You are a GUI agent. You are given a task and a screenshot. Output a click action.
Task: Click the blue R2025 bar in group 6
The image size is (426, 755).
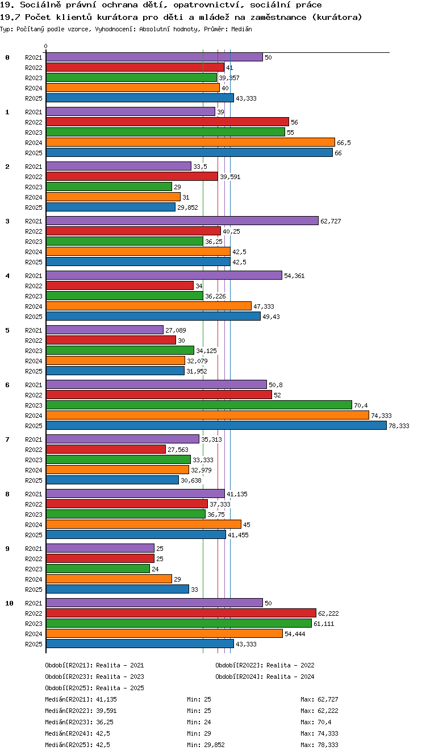[x=216, y=425]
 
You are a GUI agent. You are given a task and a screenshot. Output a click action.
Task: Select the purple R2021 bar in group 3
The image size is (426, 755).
[x=182, y=221]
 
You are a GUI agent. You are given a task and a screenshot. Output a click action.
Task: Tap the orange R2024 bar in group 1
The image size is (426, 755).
[x=191, y=142]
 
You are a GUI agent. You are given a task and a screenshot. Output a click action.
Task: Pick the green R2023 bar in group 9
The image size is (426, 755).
[x=98, y=569]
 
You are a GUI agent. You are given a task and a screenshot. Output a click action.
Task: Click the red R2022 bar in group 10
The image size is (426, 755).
[x=181, y=613]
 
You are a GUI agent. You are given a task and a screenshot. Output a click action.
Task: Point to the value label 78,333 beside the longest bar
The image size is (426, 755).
[x=399, y=426]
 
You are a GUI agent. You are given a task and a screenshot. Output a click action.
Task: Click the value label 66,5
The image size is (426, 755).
[x=344, y=143]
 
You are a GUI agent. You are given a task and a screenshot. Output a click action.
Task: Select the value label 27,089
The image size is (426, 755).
[x=176, y=330]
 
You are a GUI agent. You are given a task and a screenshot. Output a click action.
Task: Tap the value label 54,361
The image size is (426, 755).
[x=294, y=276]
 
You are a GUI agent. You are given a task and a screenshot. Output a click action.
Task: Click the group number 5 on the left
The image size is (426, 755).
[x=7, y=330]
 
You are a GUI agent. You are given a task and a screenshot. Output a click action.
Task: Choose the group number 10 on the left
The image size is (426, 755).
[x=9, y=603]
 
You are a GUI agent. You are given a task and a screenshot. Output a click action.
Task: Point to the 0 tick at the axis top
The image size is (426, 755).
[x=46, y=46]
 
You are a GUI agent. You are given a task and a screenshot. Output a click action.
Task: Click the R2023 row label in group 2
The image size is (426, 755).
[x=34, y=187]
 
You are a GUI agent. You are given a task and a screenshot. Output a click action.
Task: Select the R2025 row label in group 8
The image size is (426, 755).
[x=34, y=535]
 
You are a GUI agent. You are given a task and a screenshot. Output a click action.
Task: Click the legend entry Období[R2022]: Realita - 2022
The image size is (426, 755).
[x=265, y=665]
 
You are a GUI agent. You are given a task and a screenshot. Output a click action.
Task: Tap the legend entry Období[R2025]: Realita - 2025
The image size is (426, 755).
[x=94, y=687]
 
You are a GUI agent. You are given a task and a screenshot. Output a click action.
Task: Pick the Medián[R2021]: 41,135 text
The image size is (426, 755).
[x=81, y=699]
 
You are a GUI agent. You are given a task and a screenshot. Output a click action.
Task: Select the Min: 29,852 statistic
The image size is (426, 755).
[x=206, y=745]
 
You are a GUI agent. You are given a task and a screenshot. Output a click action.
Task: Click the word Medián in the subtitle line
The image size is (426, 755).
[x=241, y=29]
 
